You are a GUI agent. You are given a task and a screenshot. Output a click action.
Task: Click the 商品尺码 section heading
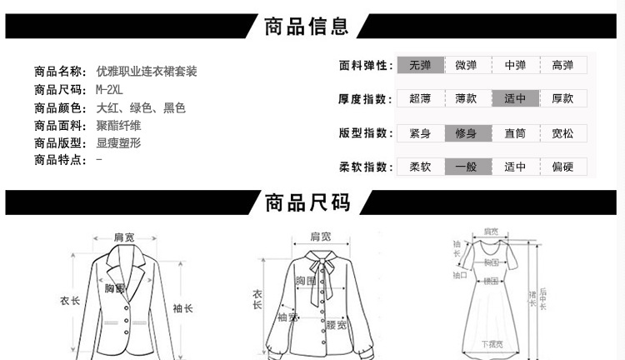307,202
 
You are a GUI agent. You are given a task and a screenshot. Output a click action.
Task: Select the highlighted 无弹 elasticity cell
420,65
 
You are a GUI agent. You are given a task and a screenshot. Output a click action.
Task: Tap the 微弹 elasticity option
467,65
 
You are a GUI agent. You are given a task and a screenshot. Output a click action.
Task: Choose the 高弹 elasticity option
563,65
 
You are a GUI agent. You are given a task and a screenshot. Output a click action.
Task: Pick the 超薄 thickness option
420,98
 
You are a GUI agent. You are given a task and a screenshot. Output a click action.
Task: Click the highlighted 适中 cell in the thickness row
515,98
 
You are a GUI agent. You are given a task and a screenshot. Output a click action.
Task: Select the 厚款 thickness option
563,98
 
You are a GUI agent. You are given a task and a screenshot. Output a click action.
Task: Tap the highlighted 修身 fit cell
467,133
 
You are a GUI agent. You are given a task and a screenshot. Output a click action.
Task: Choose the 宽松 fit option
563,133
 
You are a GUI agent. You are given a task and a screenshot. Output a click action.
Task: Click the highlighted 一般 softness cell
467,167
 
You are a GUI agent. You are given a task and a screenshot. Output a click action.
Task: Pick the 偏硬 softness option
563,167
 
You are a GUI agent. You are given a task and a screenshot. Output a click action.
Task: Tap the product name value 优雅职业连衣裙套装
147,72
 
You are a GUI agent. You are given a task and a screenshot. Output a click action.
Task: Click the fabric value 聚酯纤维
119,125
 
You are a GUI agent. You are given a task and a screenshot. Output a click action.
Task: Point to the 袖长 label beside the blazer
183,308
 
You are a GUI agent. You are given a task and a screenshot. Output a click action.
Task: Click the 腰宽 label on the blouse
336,325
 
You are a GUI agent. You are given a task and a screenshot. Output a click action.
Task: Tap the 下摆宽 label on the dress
492,344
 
